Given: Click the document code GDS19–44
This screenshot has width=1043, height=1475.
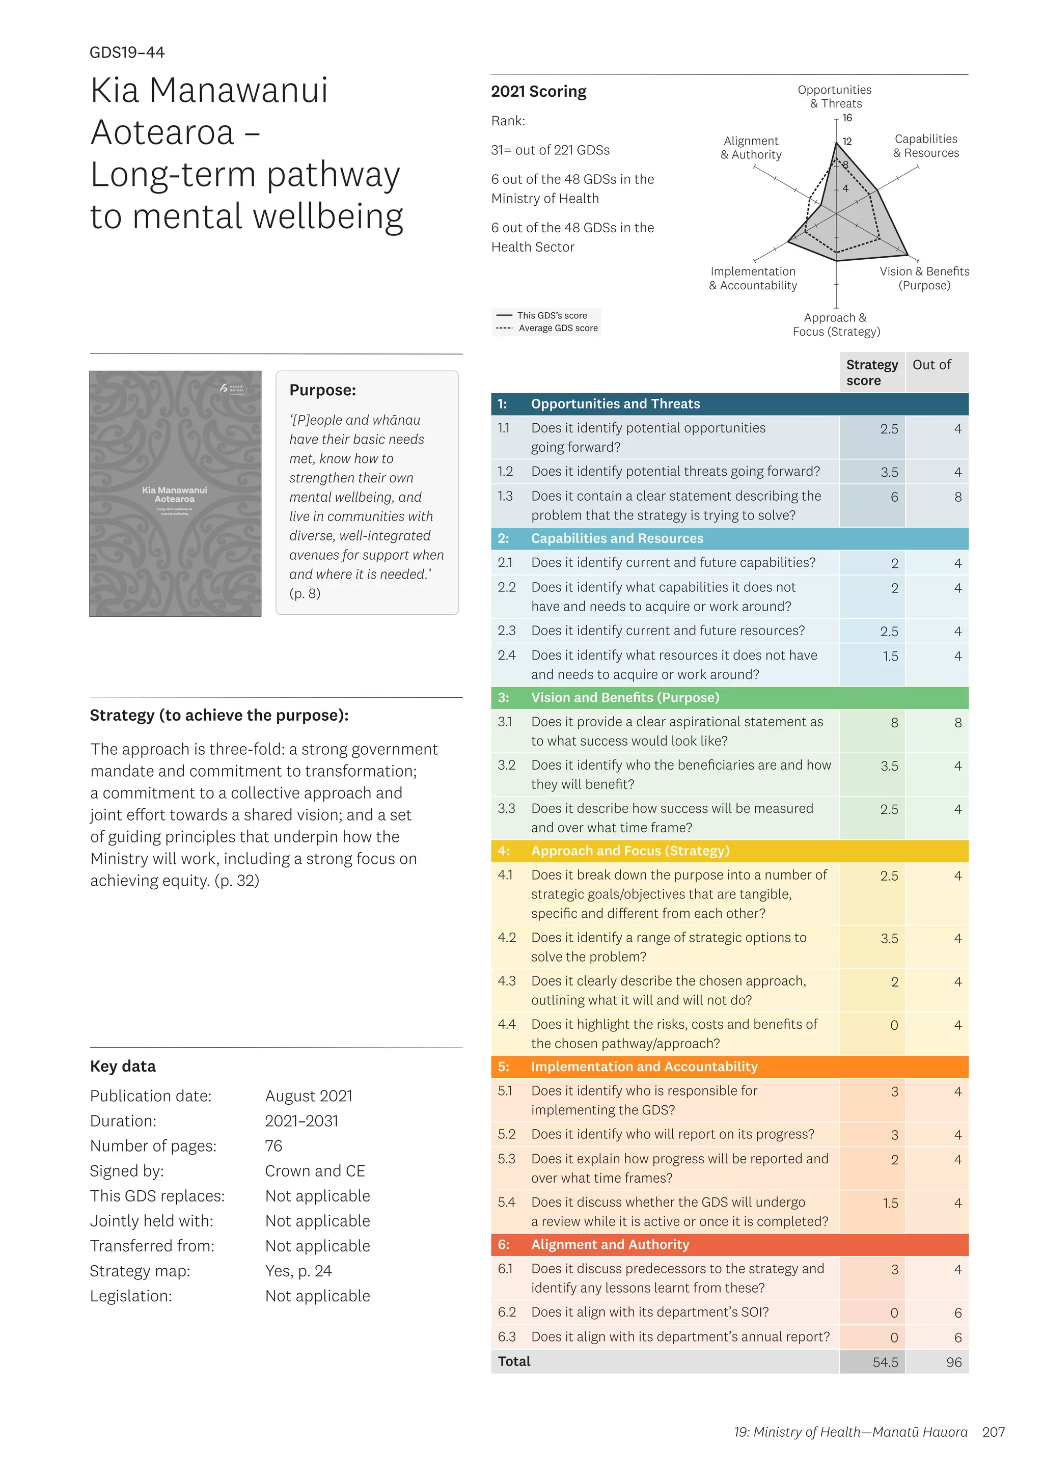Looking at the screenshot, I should pyautogui.click(x=127, y=52).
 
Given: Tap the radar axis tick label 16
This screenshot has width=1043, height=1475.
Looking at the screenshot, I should pyautogui.click(x=847, y=118).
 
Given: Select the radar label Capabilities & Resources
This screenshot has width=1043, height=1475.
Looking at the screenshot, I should pyautogui.click(x=925, y=146).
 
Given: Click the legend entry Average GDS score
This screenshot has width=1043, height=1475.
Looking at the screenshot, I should pyautogui.click(x=558, y=329).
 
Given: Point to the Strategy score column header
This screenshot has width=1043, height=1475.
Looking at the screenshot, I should pyautogui.click(x=871, y=373).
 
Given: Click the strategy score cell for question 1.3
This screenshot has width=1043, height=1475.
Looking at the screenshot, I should pyautogui.click(x=893, y=497).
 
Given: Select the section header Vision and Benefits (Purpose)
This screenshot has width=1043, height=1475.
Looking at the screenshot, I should pyautogui.click(x=624, y=698).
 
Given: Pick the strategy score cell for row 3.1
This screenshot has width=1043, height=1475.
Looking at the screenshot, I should pyautogui.click(x=893, y=723).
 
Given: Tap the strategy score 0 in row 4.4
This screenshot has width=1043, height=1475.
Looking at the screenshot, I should pyautogui.click(x=893, y=1026).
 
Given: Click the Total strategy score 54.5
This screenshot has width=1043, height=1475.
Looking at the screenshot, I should pyautogui.click(x=885, y=1362).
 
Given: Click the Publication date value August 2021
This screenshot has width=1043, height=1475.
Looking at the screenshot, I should pyautogui.click(x=308, y=1096).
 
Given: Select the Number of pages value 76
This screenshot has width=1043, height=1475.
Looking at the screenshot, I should pyautogui.click(x=273, y=1146).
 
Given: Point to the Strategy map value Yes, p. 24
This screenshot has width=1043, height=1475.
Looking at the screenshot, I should pyautogui.click(x=298, y=1271).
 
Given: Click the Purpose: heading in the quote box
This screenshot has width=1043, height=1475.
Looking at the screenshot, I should pyautogui.click(x=322, y=391).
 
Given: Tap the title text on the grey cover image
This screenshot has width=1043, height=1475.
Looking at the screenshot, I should pyautogui.click(x=175, y=495).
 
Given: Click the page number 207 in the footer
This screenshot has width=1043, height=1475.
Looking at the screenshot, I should pyautogui.click(x=993, y=1432).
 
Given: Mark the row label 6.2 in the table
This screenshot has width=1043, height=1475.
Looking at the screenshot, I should pyautogui.click(x=506, y=1313).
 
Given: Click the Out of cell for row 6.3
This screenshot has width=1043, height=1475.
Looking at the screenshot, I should pyautogui.click(x=957, y=1338).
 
